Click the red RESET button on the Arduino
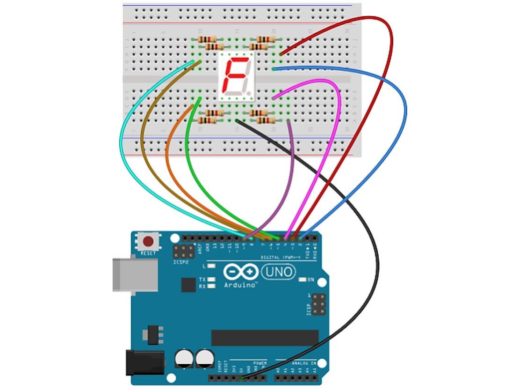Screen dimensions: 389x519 coord(148,242)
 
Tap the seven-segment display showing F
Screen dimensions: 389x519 coord(237,77)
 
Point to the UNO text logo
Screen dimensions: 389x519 coord(279,271)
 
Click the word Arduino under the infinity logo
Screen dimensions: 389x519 coord(241,284)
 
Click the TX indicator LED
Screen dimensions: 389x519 coord(212,279)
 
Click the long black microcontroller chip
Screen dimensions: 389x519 coord(265,337)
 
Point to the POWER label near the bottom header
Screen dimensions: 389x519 coord(259,363)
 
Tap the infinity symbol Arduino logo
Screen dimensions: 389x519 coord(240,272)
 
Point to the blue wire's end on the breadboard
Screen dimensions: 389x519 coord(274,69)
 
